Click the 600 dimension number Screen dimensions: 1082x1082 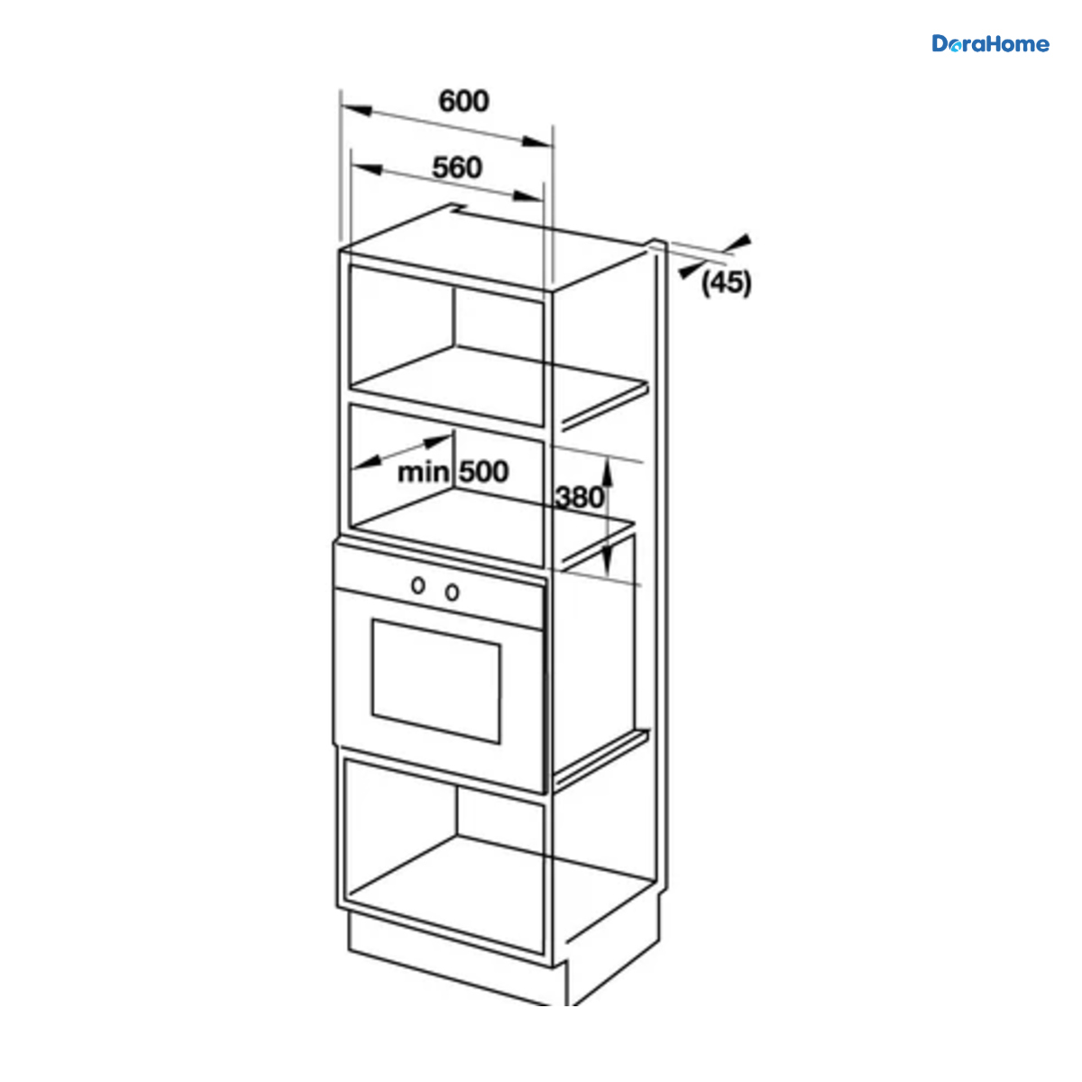463,102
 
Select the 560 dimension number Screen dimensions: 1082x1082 457,168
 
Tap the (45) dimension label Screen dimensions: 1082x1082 726,283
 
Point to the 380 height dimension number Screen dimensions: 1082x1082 580,498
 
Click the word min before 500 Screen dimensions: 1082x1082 423,472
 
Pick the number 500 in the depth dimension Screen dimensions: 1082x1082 484,472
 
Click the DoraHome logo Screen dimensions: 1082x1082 990,44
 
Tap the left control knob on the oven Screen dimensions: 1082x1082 417,585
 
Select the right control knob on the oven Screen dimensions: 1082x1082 452,591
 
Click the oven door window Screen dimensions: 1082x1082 436,681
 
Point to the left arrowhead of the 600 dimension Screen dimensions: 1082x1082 356,109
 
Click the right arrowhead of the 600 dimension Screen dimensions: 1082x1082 536,142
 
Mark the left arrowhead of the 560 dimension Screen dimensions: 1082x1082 367,169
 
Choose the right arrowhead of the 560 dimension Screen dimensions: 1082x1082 527,196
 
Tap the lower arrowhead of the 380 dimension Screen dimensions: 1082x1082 607,559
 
